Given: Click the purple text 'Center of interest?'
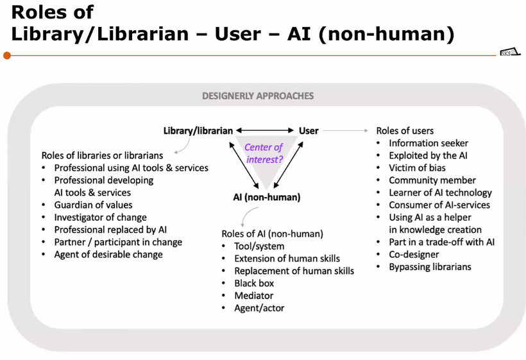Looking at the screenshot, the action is tap(264, 153).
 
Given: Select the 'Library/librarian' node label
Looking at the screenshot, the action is tap(198, 130).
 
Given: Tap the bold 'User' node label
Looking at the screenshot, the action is tap(309, 130).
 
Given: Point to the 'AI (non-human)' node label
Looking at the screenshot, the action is tap(267, 197).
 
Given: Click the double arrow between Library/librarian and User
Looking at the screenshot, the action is tap(265, 130).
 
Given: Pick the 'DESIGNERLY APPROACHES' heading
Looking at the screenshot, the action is tap(258, 96).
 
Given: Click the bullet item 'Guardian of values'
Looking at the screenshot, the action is tap(93, 205).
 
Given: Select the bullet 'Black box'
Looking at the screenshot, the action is tap(254, 283).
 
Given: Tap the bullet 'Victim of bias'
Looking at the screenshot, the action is tap(418, 167).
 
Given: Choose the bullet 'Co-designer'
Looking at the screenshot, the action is tap(414, 255).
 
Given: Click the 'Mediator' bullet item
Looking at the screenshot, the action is tap(253, 296).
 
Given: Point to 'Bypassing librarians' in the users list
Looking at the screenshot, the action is tap(430, 267).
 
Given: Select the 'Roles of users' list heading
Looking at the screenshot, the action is tap(405, 130).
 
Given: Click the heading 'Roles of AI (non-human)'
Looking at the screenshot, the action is tap(273, 234).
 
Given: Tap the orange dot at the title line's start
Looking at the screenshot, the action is tap(7, 55).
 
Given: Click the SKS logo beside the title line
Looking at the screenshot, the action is tap(510, 53).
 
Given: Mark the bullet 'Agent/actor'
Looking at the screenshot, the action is tap(259, 308).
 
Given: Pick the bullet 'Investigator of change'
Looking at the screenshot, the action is tap(100, 218).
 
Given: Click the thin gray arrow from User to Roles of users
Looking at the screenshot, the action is tap(346, 130).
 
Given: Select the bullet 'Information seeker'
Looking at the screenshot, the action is tap(428, 143).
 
